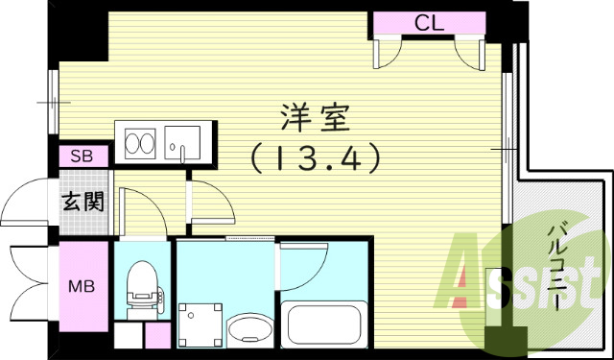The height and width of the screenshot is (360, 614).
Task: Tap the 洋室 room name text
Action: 312,120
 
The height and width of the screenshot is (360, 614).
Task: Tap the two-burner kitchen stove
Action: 138,145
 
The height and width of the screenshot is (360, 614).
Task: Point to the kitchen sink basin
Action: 180,144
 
